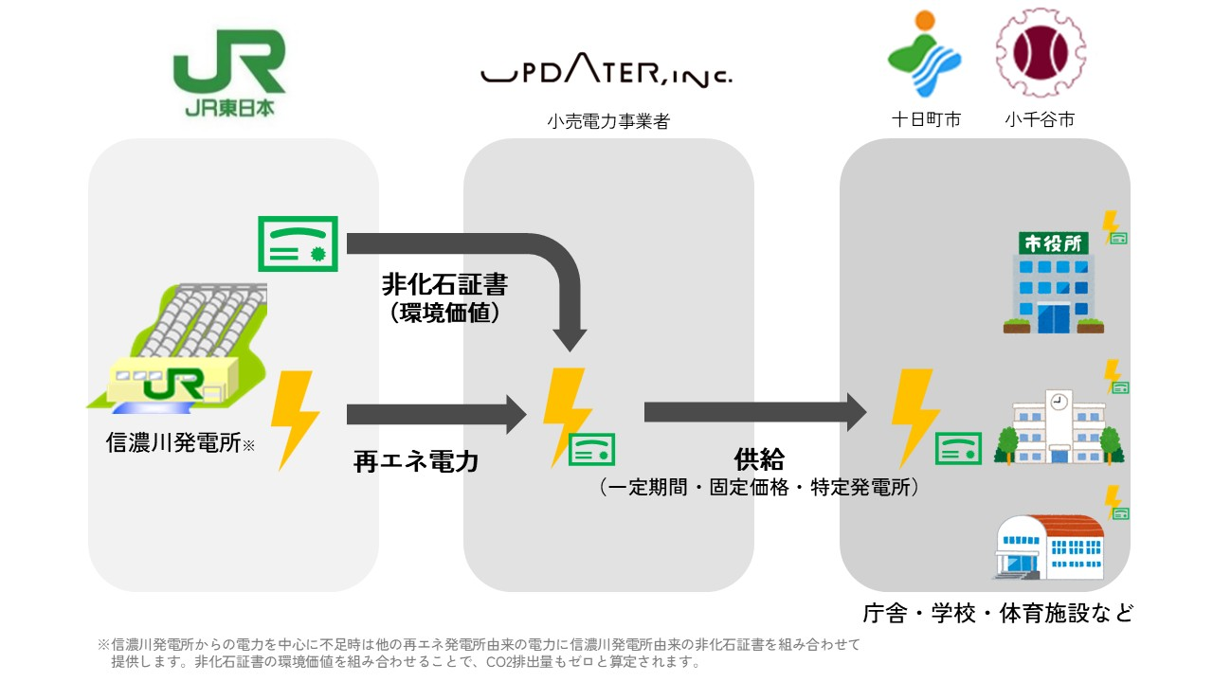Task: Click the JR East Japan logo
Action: pos(228,72)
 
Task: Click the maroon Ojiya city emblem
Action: pos(1040,53)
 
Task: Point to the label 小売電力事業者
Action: pos(607,121)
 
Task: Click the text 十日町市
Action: pos(926,120)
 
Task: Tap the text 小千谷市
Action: pos(1040,120)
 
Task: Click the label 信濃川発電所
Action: pos(173,443)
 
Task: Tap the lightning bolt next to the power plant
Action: pos(294,420)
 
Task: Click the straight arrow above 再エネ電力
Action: pos(436,414)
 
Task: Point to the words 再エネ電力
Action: pos(415,461)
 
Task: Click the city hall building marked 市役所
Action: pos(1053,283)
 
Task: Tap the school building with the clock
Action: pos(1058,427)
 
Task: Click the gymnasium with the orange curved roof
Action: pos(1048,547)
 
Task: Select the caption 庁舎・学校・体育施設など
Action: pos(998,613)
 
